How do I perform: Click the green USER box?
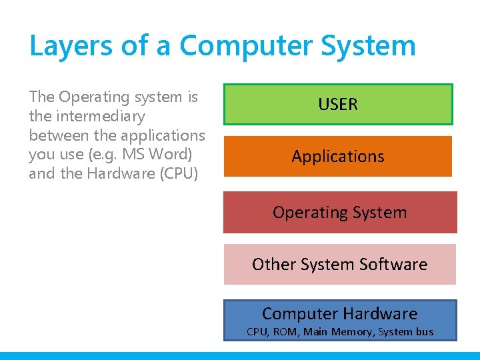[338, 104]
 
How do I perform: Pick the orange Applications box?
[338, 157]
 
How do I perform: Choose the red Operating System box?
[339, 213]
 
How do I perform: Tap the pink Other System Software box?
[339, 265]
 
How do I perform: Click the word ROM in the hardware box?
[287, 331]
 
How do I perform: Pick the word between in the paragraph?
[57, 135]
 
